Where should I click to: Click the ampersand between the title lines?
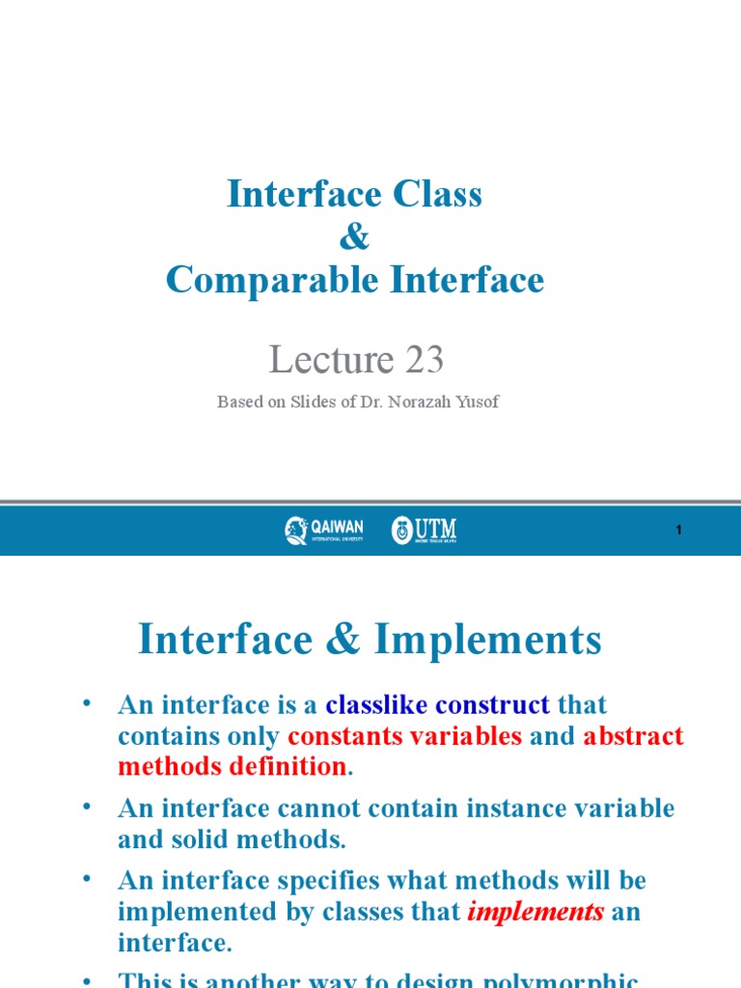click(x=354, y=238)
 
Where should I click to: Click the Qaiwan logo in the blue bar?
click(x=323, y=530)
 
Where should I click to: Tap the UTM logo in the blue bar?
click(x=424, y=530)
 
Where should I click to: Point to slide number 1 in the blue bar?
click(x=678, y=531)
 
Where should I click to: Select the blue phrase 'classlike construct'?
click(x=437, y=705)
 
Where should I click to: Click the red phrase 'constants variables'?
click(x=404, y=736)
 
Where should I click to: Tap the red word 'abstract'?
click(x=633, y=736)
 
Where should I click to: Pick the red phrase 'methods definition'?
click(x=232, y=767)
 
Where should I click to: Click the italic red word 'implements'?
click(x=535, y=912)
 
